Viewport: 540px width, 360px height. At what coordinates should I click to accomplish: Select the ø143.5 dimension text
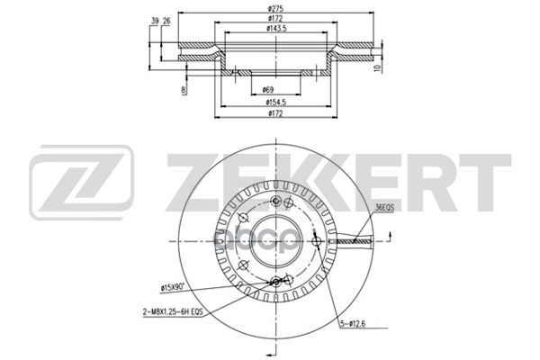point(276,29)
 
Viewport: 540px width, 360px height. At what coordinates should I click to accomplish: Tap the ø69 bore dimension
point(267,90)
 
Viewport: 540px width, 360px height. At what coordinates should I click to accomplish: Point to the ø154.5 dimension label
point(276,103)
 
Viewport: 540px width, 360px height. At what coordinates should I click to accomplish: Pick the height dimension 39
point(155,22)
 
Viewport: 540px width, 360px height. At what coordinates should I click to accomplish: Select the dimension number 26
point(166,22)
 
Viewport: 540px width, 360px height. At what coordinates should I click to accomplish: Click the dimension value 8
point(184,90)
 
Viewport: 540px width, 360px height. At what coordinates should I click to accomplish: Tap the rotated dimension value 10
point(379,67)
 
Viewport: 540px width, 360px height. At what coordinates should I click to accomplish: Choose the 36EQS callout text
point(384,208)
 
